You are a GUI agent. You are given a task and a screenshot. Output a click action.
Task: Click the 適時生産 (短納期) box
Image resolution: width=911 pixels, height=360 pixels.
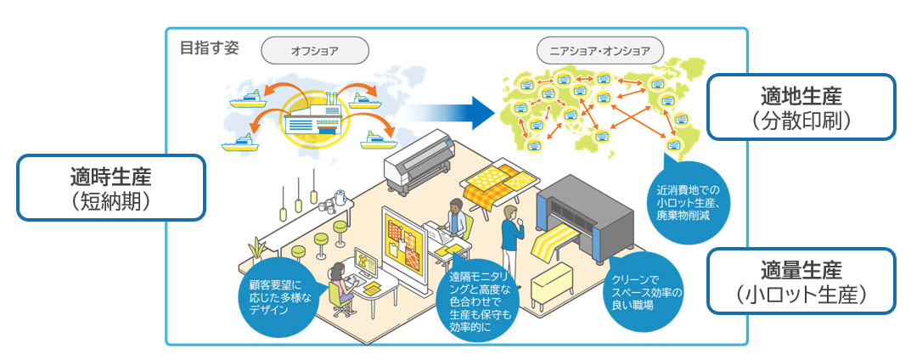pos(111,187)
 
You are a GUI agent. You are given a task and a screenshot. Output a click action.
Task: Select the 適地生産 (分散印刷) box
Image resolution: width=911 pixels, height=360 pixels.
pos(801,106)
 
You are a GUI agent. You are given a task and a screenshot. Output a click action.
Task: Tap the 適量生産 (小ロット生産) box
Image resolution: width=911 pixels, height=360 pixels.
pos(801,281)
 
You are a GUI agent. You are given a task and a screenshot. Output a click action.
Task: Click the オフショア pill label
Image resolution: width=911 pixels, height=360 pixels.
pos(314,50)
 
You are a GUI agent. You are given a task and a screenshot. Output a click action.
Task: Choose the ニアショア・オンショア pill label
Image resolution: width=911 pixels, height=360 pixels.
pos(599,50)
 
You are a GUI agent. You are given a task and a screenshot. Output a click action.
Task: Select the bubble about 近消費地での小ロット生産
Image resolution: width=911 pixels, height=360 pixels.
pos(688,201)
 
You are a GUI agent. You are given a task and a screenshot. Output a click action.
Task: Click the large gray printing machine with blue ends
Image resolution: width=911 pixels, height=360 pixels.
pos(584,217)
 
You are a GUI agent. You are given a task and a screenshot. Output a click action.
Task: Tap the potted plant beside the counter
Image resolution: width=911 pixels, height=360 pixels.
pos(256,250)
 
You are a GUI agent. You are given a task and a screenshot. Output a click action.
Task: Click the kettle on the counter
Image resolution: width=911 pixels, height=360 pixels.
pos(340,198)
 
